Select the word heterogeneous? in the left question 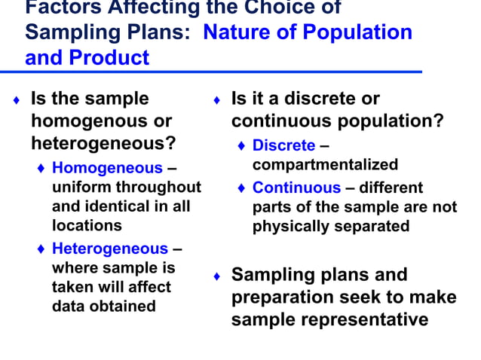(103, 142)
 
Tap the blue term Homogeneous (106, 168)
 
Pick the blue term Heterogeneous (109, 249)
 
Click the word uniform (80, 187)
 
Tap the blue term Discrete (283, 145)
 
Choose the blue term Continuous (296, 188)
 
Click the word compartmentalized (325, 164)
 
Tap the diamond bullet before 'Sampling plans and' (216, 276)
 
